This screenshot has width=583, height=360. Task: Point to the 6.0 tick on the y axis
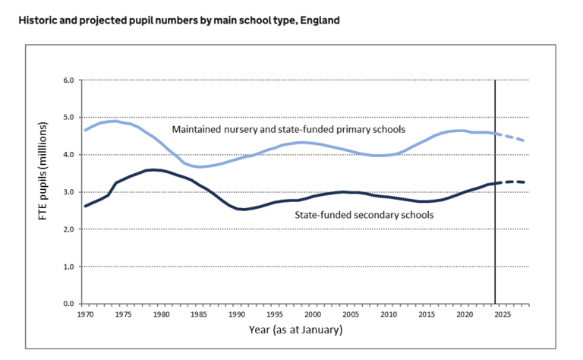pos(68,81)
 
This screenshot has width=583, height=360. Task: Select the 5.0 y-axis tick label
pos(68,118)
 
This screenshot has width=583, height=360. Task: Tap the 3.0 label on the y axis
pos(68,192)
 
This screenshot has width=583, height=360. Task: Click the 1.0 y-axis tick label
pos(68,267)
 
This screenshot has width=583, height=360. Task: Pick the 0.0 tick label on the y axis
pos(68,304)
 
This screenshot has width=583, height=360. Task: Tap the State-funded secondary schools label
pos(364,215)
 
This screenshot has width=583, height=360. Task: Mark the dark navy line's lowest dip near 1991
pos(244,209)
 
